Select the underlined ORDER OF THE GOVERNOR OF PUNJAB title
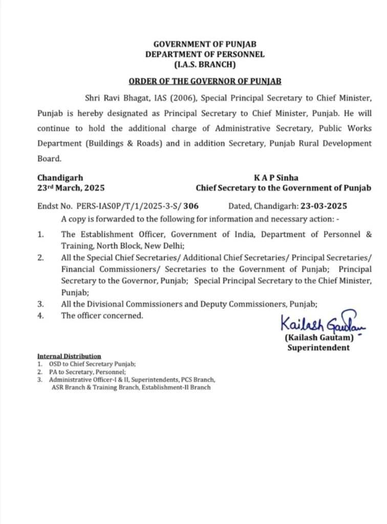(x=205, y=81)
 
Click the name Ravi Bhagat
(x=120, y=97)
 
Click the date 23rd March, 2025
(x=71, y=188)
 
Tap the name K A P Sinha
(x=276, y=178)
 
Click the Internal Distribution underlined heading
(x=69, y=356)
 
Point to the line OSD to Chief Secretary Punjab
(x=92, y=364)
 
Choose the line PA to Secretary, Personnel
(x=88, y=372)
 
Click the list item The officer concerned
(x=102, y=316)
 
